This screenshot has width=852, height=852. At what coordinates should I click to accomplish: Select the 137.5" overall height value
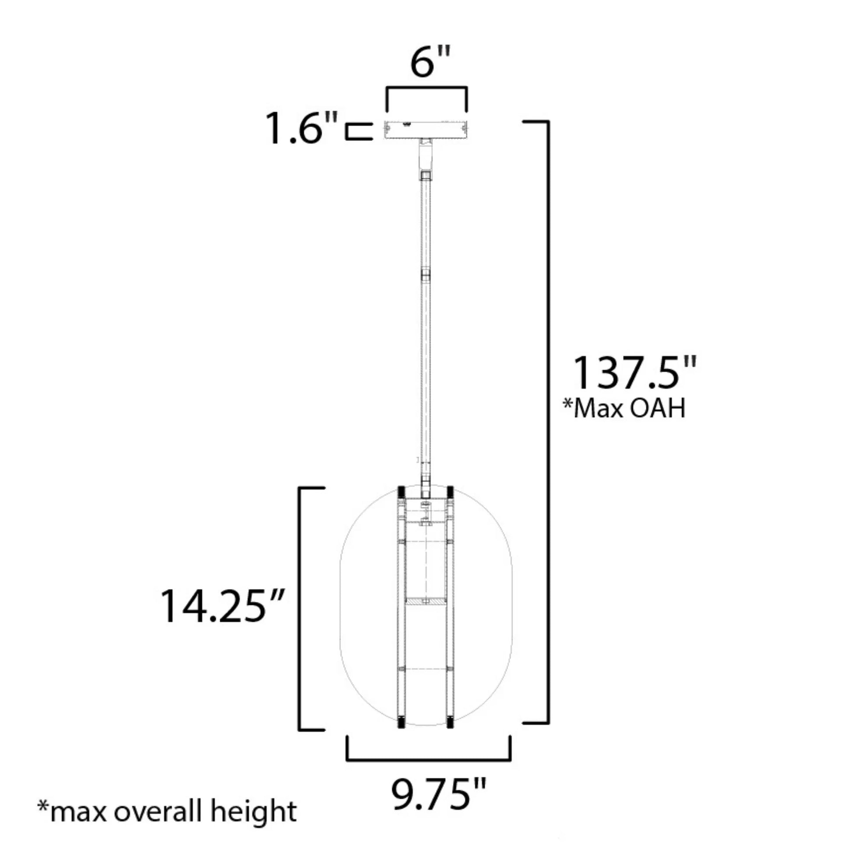[634, 373]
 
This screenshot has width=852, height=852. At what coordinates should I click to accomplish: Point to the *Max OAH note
[624, 408]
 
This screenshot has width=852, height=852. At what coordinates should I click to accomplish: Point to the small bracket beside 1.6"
[358, 132]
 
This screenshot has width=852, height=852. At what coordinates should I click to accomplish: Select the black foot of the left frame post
[402, 722]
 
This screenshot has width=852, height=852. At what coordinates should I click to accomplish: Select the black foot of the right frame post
[450, 722]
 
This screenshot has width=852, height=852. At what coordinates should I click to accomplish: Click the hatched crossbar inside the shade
[426, 601]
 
